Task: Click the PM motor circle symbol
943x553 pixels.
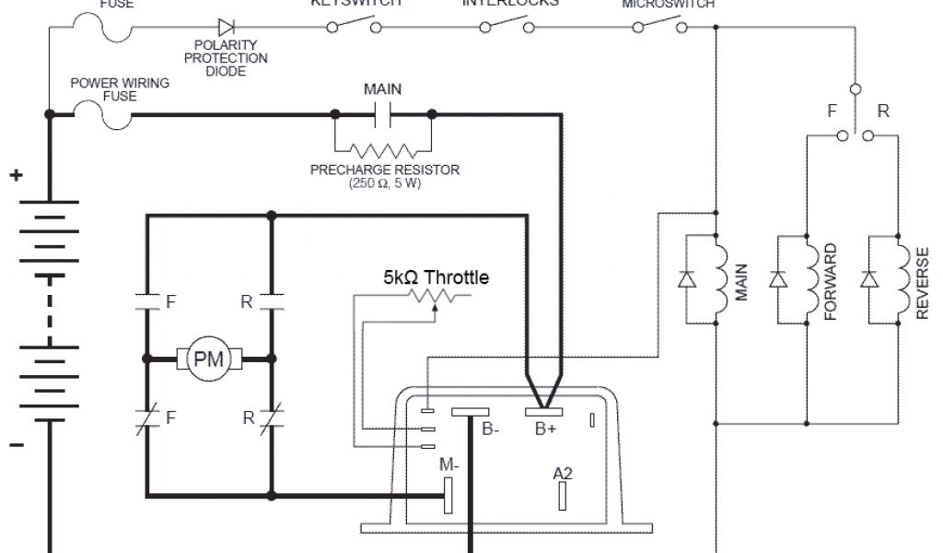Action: (208, 359)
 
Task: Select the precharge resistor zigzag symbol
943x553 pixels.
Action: (382, 151)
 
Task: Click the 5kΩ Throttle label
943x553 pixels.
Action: (437, 276)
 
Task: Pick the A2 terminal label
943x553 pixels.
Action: (563, 474)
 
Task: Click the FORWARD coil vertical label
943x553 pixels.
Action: (831, 282)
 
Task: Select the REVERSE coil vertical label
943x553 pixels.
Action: (922, 282)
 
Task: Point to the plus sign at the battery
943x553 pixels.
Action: (16, 175)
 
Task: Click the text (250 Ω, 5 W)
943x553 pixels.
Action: (385, 183)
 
